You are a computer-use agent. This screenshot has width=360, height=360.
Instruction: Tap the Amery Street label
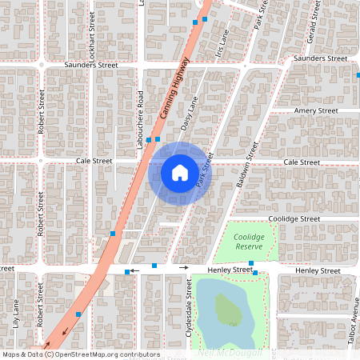(x=316, y=110)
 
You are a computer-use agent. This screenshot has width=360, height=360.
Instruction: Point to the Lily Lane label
(x=16, y=314)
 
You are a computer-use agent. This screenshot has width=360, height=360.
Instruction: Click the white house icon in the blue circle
(x=179, y=172)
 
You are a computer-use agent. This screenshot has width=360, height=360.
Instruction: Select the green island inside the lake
(x=228, y=309)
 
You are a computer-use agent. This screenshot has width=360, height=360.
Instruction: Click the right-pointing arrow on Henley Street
(x=186, y=269)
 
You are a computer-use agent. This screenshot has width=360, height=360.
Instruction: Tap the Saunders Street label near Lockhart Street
(x=91, y=65)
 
